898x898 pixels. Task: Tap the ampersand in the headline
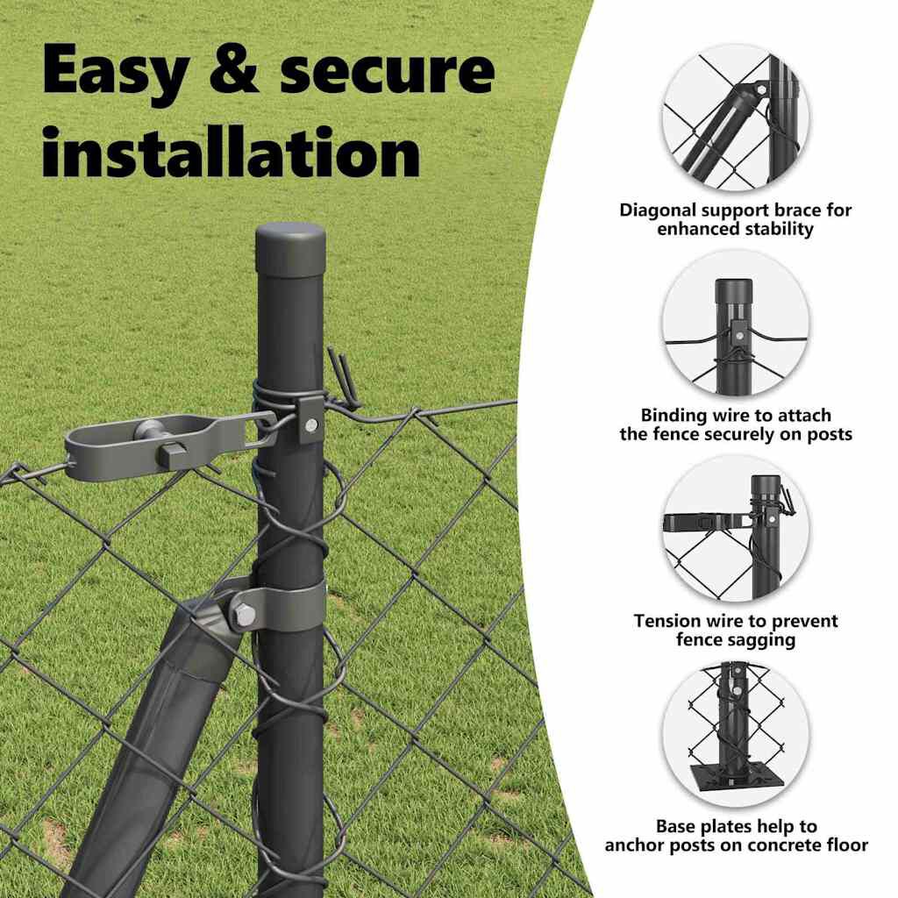(233, 68)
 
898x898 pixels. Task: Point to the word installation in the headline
(231, 152)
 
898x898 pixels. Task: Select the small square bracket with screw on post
(310, 423)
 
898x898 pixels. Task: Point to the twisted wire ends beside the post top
(344, 378)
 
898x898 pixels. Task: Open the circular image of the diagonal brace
(736, 117)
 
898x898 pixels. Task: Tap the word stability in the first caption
(779, 229)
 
